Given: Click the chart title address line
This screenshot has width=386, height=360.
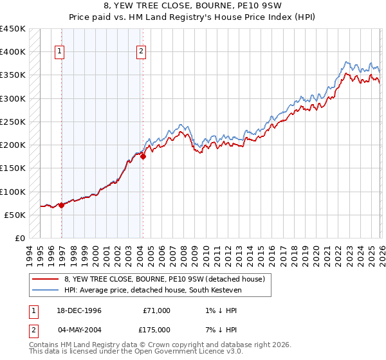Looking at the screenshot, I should (x=193, y=6).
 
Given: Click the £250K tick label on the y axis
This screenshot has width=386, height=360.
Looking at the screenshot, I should (x=13, y=122).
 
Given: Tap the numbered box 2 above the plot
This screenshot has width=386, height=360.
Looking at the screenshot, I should (x=141, y=52).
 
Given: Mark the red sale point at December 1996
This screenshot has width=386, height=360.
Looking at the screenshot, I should (x=61, y=205).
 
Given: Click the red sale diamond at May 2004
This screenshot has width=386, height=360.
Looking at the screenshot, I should (x=143, y=156).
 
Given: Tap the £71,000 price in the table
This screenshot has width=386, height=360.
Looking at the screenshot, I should (x=156, y=310).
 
